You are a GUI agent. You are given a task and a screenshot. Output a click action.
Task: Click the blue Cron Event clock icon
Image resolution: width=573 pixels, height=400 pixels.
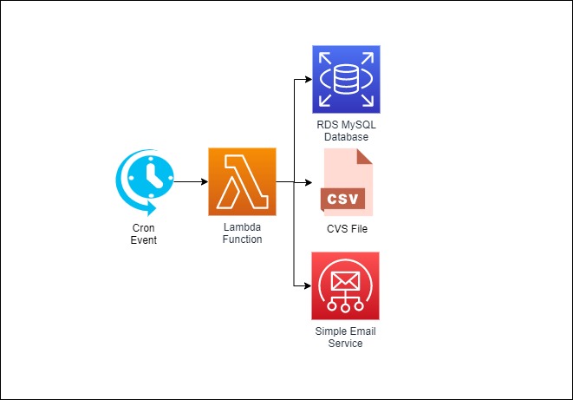144,183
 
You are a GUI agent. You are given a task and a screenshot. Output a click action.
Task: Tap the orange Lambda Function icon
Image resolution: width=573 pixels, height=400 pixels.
242,182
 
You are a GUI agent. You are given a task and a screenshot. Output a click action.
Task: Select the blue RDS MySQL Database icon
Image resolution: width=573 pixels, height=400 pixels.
346,80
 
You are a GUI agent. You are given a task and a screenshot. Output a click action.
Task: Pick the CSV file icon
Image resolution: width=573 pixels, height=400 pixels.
346,183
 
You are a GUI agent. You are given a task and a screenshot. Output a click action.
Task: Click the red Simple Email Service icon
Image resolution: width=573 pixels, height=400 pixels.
346,286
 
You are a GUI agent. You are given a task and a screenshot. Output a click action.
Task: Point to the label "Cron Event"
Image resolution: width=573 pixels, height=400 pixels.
144,233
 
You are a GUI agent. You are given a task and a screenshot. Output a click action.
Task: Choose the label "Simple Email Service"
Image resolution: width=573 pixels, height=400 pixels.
346,337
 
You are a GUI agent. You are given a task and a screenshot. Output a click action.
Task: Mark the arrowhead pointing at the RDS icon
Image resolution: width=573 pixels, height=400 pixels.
308,80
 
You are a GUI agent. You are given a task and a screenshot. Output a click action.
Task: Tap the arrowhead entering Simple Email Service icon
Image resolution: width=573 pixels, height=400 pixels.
308,286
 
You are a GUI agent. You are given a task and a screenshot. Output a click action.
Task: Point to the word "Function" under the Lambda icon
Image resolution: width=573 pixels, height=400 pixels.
242,239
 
